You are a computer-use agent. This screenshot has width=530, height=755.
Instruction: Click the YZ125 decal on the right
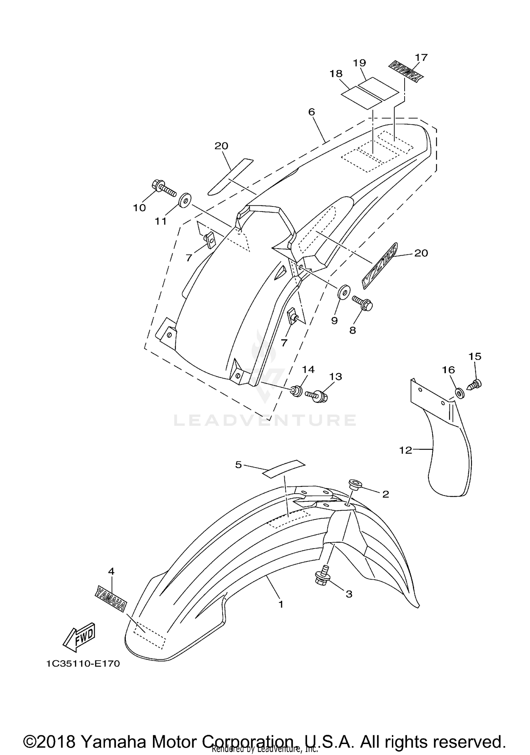[379, 265]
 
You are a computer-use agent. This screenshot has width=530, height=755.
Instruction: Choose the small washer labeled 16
[459, 393]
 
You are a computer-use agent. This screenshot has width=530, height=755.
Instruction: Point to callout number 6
[311, 112]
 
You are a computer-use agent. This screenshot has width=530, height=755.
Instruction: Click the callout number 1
[281, 604]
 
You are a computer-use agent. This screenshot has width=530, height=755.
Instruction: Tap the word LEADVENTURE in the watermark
[265, 420]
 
